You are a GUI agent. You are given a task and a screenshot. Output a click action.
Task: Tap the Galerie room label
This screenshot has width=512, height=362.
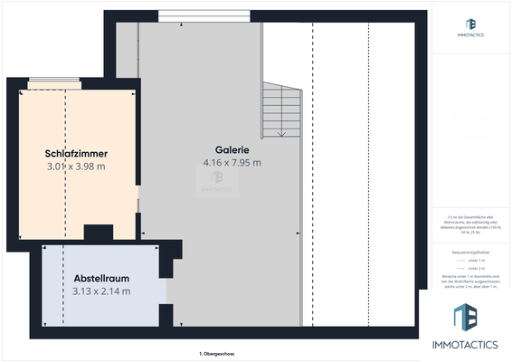click(232, 149)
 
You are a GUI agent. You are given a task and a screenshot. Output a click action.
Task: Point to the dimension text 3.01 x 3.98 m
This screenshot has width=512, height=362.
click(76, 167)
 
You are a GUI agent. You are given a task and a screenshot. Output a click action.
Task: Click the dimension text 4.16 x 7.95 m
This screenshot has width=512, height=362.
click(232, 163)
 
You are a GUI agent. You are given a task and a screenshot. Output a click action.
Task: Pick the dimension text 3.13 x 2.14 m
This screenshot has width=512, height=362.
click(101, 291)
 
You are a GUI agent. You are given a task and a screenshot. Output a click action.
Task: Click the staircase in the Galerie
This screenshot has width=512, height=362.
click(281, 109)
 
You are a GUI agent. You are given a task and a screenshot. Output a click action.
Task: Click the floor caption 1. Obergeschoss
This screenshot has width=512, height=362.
click(217, 353)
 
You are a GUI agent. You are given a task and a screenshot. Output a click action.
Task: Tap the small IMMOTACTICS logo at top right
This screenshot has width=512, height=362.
click(470, 24)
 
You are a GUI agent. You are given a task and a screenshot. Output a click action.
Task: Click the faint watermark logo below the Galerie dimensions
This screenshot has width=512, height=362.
click(217, 180)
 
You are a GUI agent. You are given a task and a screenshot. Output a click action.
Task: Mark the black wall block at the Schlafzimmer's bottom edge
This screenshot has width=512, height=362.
click(97, 233)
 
